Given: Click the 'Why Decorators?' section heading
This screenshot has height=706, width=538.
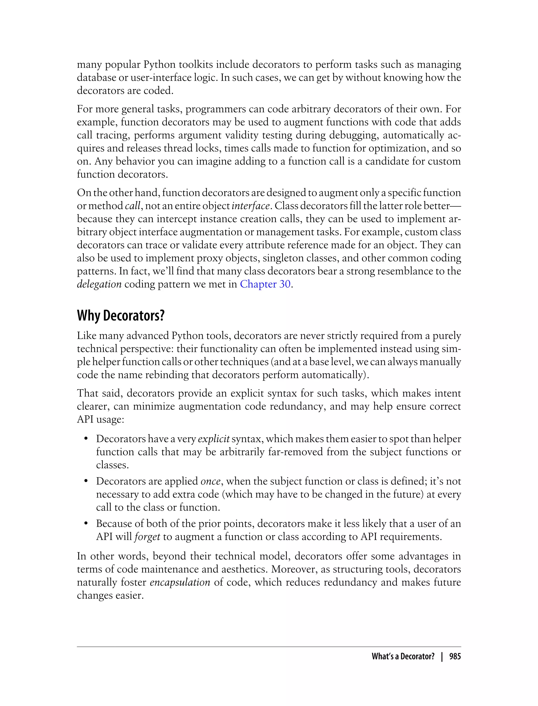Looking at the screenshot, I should [x=121, y=316].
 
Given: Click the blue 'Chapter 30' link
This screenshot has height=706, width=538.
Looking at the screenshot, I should [x=265, y=284].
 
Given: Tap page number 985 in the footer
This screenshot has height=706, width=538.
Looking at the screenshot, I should [x=455, y=656].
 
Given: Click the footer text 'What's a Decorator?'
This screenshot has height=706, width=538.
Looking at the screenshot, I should [x=403, y=656].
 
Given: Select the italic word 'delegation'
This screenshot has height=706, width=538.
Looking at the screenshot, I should [x=99, y=284].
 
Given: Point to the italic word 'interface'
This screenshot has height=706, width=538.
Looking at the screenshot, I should [x=250, y=206].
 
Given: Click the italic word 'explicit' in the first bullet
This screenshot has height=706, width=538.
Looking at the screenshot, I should [x=214, y=439].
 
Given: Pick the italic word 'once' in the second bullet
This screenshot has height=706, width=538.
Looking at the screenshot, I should [x=210, y=481].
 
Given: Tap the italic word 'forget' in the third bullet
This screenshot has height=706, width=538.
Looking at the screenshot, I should [x=147, y=537].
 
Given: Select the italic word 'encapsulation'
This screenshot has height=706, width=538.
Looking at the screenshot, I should [x=180, y=582].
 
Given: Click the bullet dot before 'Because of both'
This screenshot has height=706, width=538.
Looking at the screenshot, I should [x=86, y=524].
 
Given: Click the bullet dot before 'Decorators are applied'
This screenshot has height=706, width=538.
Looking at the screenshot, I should [x=86, y=481].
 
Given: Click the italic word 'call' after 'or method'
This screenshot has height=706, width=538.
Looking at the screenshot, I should [x=133, y=206].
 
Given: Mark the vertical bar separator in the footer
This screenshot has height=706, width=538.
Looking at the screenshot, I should [x=442, y=656].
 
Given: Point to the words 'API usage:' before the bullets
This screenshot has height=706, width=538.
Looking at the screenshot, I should [x=101, y=419].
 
